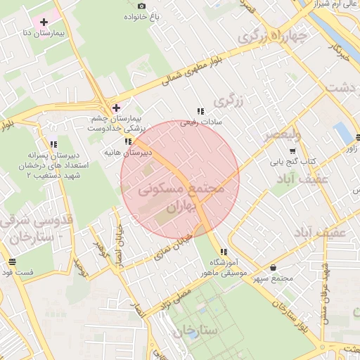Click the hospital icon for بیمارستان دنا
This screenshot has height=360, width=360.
[x=44, y=22]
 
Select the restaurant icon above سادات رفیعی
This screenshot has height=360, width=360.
[x=200, y=111]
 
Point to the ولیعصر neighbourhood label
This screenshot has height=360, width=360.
[x=283, y=134]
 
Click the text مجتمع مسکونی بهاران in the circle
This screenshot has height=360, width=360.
[x=181, y=198]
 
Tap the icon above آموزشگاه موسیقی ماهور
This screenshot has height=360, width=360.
[x=224, y=252]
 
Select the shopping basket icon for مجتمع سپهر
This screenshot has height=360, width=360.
[x=273, y=267]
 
